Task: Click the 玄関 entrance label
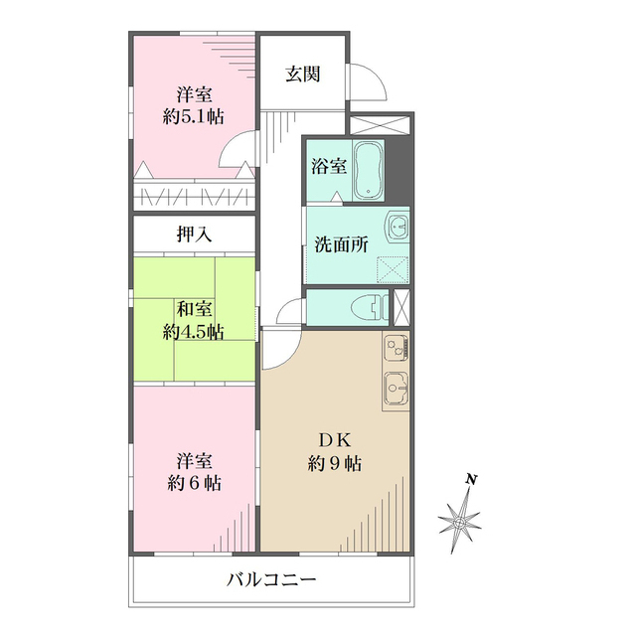[x=302, y=74]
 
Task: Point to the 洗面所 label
[x=342, y=244]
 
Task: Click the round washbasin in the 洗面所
[x=397, y=227]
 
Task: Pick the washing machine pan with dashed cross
[x=393, y=267]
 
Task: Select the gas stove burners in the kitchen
[x=395, y=349]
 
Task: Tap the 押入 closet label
[x=195, y=235]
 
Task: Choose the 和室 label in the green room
[x=194, y=308]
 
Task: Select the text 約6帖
[x=193, y=484]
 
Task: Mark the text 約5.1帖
[x=194, y=116]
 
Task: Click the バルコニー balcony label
[x=270, y=579]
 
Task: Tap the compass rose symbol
[x=461, y=519]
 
